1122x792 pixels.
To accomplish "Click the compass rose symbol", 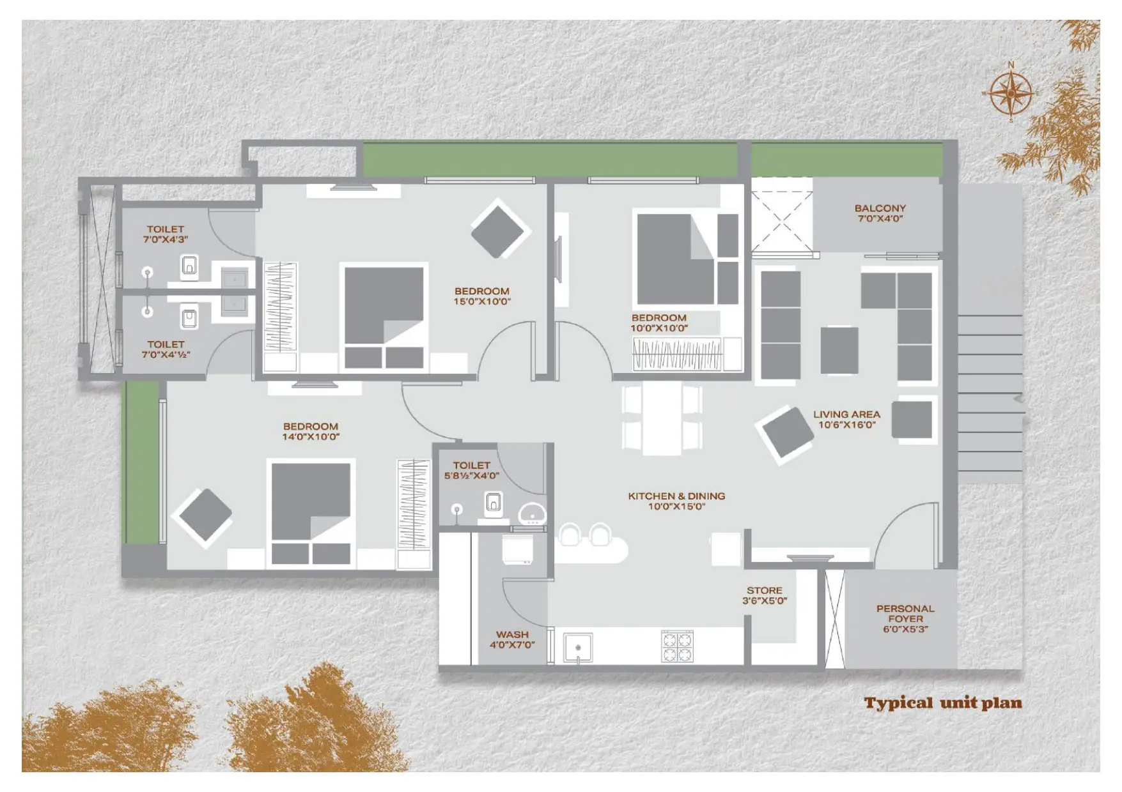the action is [x=1011, y=93].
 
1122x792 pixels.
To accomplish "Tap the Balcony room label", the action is [x=880, y=213].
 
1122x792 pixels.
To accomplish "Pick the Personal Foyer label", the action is [x=905, y=619].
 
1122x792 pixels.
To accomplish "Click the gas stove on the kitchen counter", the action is [x=677, y=646].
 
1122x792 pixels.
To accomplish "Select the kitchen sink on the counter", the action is [x=578, y=648].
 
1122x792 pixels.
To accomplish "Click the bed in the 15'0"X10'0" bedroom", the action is [x=384, y=317].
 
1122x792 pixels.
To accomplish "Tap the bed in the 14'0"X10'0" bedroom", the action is [x=311, y=512].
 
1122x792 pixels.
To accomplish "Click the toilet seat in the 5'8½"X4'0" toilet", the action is [x=493, y=503].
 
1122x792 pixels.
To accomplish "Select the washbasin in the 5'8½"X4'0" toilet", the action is [x=533, y=514].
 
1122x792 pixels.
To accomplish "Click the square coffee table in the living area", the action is [x=839, y=350].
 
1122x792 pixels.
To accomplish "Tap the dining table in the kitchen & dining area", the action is [x=662, y=418].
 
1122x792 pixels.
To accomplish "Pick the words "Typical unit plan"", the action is [x=943, y=703].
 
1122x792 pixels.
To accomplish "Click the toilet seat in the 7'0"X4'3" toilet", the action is [x=189, y=266].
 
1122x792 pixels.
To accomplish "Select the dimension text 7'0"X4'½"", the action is [x=166, y=355].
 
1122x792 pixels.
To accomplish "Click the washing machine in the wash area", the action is [x=518, y=550].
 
